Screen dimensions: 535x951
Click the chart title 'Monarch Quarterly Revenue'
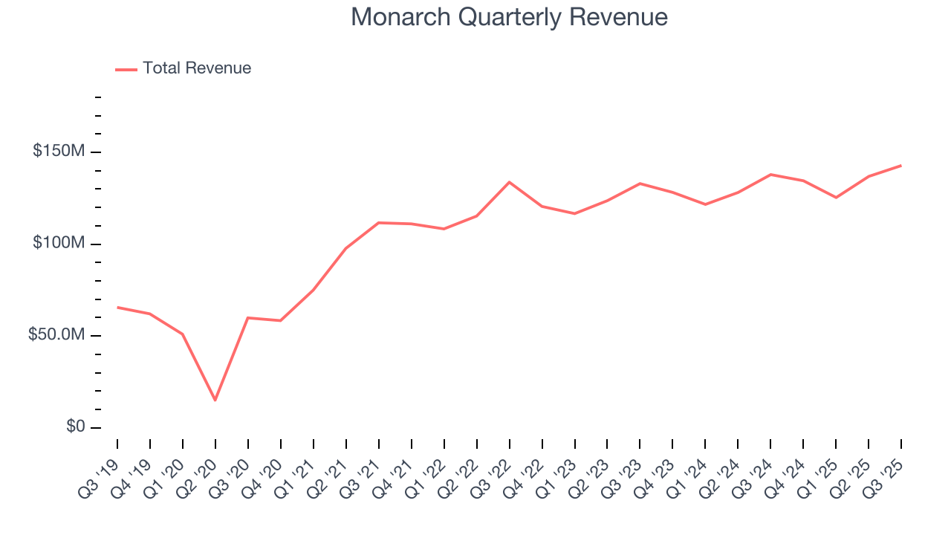[x=509, y=17]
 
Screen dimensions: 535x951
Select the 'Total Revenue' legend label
[x=197, y=68]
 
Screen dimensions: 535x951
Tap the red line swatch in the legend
[x=126, y=69]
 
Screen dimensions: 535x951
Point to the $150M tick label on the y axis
[x=58, y=152]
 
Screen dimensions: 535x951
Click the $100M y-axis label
[x=58, y=244]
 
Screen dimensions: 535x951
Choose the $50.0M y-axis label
[x=56, y=335]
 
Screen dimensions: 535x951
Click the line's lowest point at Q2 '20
[x=215, y=401]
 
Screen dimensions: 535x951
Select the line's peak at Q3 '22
[x=510, y=182]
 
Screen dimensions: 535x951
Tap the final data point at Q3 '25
[x=901, y=166]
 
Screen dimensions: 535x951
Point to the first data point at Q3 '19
[x=117, y=307]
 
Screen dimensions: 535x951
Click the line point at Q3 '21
[x=379, y=222]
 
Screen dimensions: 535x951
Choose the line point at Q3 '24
[x=771, y=175]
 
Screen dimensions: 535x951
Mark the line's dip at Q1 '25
[x=837, y=198]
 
